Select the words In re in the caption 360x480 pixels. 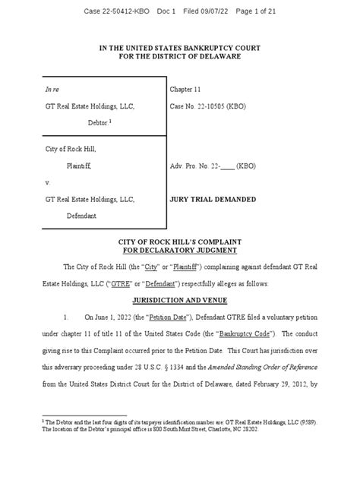click(x=53, y=89)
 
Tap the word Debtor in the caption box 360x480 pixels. click(x=89, y=121)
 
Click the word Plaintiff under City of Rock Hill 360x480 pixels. click(x=84, y=165)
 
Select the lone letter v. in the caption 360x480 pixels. click(x=48, y=183)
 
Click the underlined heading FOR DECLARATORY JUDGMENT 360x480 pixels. click(x=180, y=250)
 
